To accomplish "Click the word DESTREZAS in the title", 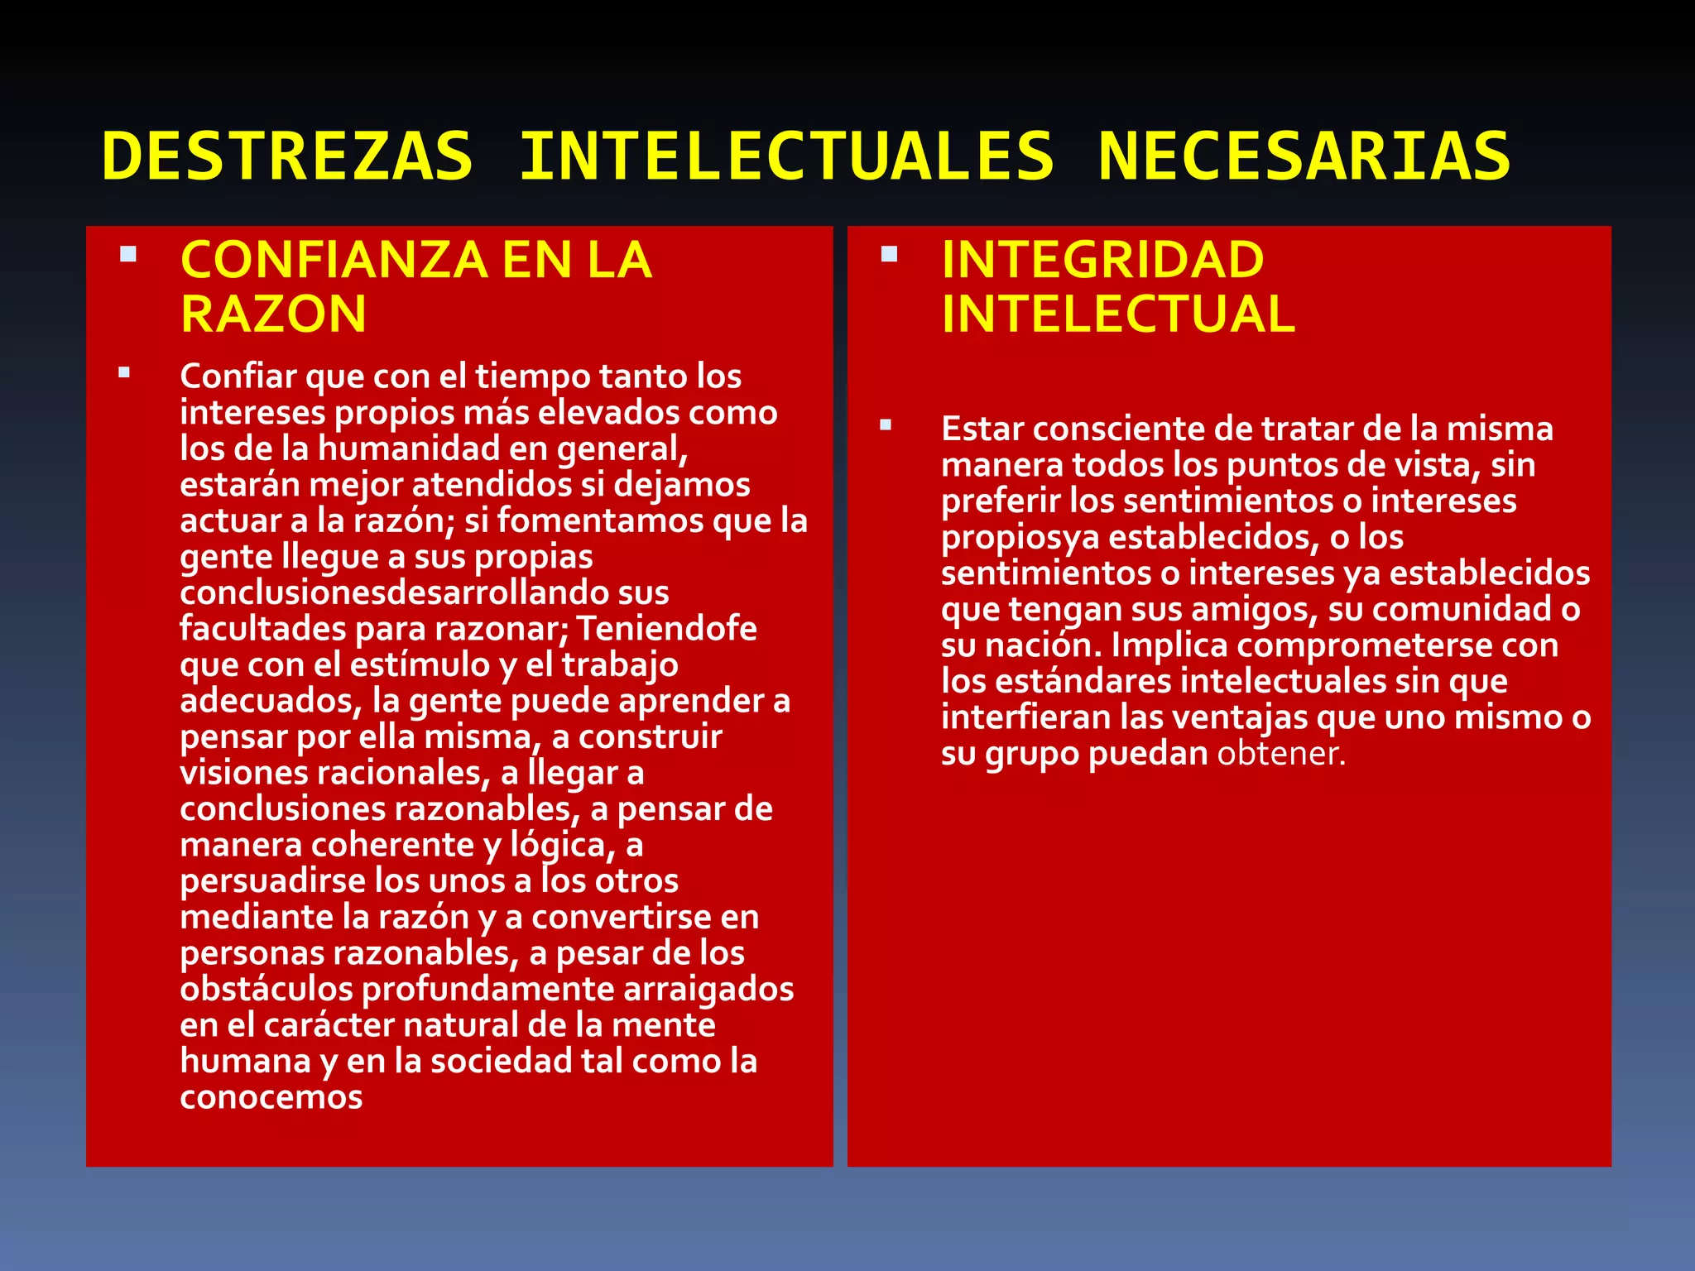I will click(x=287, y=156).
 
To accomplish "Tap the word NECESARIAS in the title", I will click(x=1304, y=156).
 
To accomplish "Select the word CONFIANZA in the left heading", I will click(x=334, y=260).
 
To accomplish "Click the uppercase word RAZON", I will click(x=273, y=314).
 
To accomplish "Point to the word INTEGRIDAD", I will click(x=1102, y=260).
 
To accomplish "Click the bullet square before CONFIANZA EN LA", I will click(x=128, y=253).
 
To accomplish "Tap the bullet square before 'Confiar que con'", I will click(x=124, y=372).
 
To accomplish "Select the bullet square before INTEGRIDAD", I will click(x=890, y=253).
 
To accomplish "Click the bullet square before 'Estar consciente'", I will click(x=886, y=425).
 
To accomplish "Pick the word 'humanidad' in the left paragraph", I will click(x=409, y=448).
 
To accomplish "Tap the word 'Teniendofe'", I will click(x=666, y=629).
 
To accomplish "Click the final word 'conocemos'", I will click(x=271, y=1097).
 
